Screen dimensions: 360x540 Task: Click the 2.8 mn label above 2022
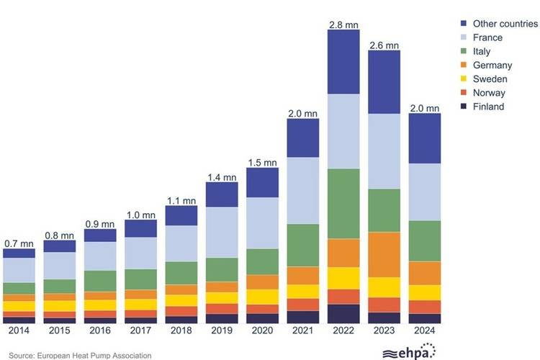pyautogui.click(x=343, y=24)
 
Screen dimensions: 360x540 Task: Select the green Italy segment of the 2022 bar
pyautogui.click(x=343, y=204)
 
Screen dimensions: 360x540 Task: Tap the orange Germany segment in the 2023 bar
pyautogui.click(x=384, y=254)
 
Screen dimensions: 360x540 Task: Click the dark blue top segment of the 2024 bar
pyautogui.click(x=424, y=138)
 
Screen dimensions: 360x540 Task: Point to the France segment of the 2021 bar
pyautogui.click(x=302, y=191)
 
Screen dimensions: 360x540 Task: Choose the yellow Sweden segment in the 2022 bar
pyautogui.click(x=343, y=278)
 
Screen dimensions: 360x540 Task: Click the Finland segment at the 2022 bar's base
pyautogui.click(x=343, y=314)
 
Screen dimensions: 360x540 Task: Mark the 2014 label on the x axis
pyautogui.click(x=19, y=331)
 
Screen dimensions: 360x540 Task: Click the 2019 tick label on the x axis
pyautogui.click(x=222, y=331)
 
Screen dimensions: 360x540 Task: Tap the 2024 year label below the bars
pyautogui.click(x=424, y=331)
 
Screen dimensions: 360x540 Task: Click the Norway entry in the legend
pyautogui.click(x=489, y=93)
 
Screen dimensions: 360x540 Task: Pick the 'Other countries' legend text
pyautogui.click(x=505, y=24)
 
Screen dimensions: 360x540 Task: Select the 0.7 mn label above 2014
pyautogui.click(x=19, y=243)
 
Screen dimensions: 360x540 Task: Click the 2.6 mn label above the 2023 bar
pyautogui.click(x=384, y=45)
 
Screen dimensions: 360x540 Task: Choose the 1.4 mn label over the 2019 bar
pyautogui.click(x=222, y=176)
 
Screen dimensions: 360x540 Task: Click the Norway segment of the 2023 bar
pyautogui.click(x=384, y=305)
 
